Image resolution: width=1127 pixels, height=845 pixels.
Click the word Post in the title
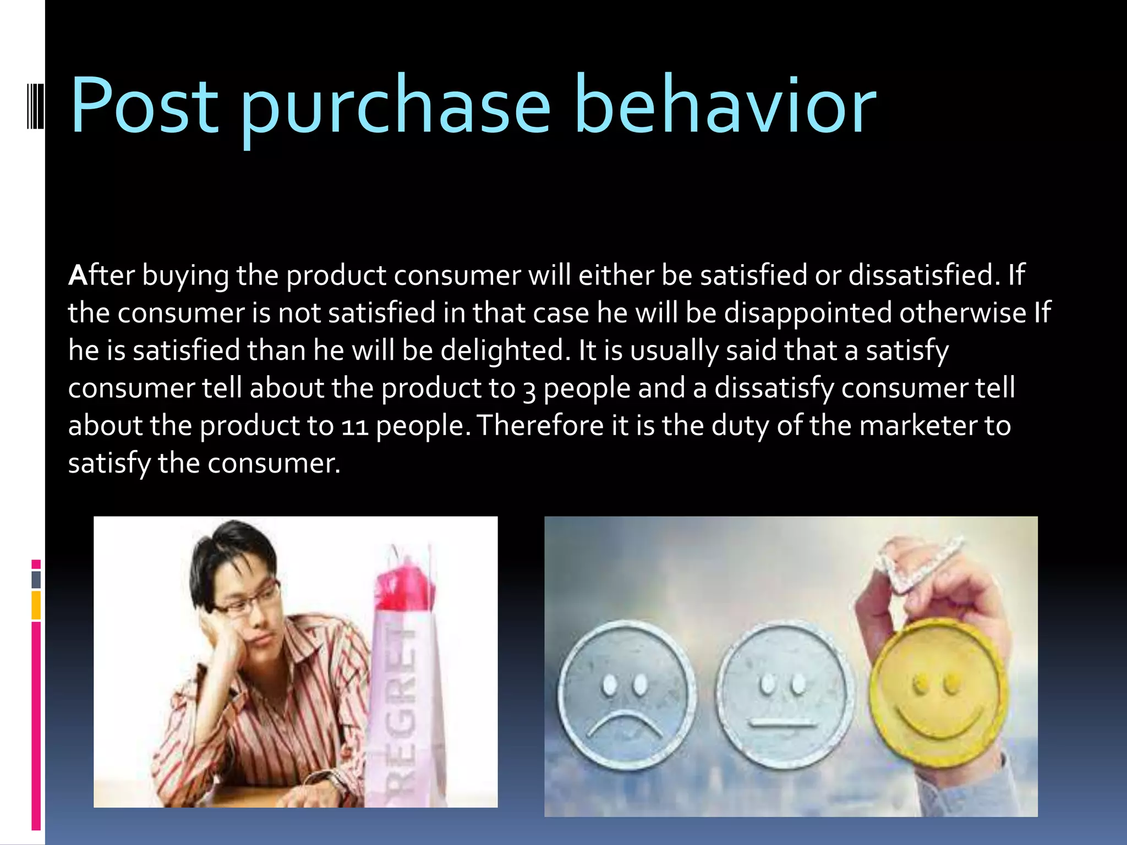click(144, 106)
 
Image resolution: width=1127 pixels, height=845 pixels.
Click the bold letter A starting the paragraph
click(77, 275)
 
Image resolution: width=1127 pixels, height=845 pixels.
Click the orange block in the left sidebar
click(36, 605)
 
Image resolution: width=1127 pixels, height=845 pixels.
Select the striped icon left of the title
click(35, 105)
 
